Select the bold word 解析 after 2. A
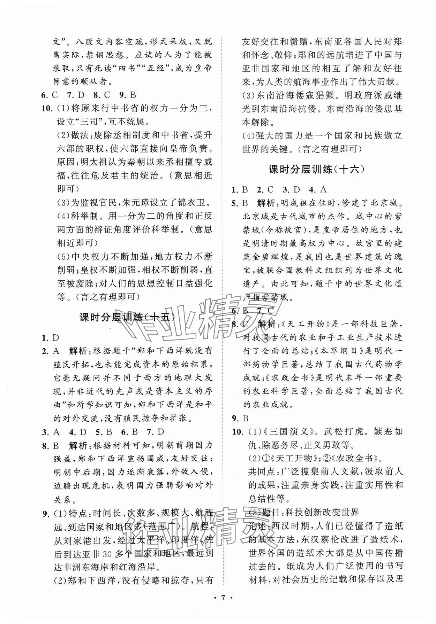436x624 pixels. click(79, 351)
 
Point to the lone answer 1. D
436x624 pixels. click(50, 337)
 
